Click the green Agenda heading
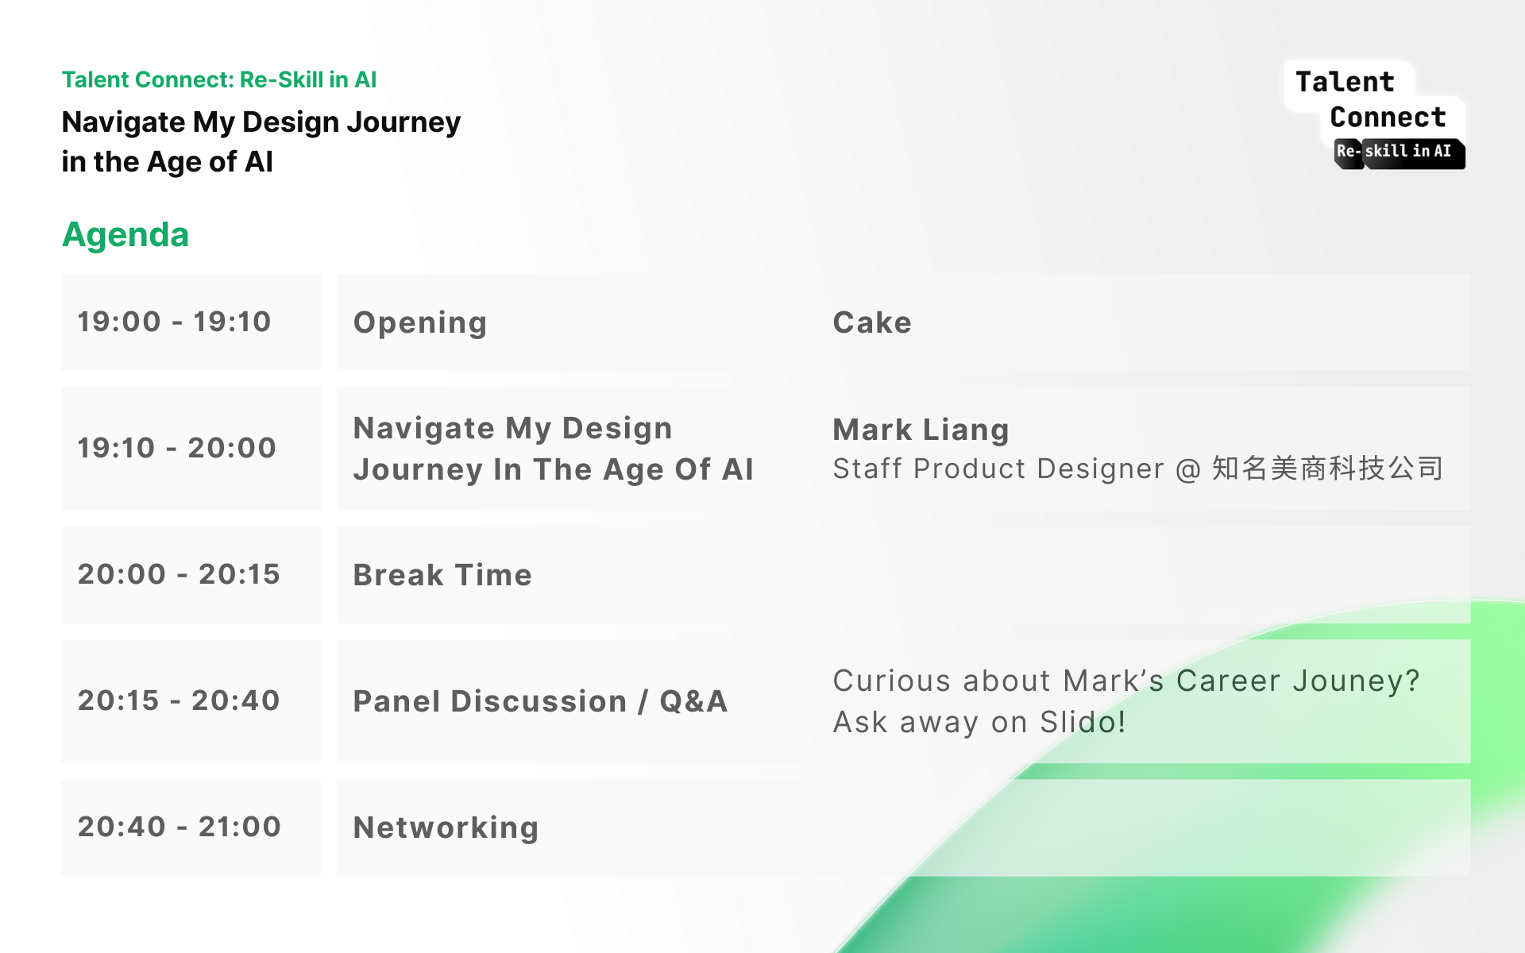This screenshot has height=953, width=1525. point(125,235)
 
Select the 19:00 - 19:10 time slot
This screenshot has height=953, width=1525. point(174,322)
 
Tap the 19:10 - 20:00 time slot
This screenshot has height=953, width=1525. point(176,448)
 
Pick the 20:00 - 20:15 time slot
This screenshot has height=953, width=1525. point(179,574)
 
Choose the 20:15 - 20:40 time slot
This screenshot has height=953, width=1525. point(179,700)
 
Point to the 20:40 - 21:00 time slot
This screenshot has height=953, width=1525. point(180,827)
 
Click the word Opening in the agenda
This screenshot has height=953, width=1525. point(420,323)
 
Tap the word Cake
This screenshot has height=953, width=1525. point(872,322)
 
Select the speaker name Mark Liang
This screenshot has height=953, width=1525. point(921,430)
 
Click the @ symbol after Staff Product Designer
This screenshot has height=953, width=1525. point(1188,469)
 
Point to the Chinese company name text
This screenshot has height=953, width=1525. point(1327,469)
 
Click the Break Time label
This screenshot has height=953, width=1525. point(442,575)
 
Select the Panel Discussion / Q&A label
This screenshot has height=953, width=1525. point(541,701)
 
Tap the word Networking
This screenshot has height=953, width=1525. point(446,828)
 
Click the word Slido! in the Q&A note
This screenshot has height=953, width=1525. point(1083,722)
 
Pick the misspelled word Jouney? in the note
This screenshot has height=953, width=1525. point(1356,681)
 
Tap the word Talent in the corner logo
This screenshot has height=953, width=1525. point(1345,82)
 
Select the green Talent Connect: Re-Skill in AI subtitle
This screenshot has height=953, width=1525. point(219,79)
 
